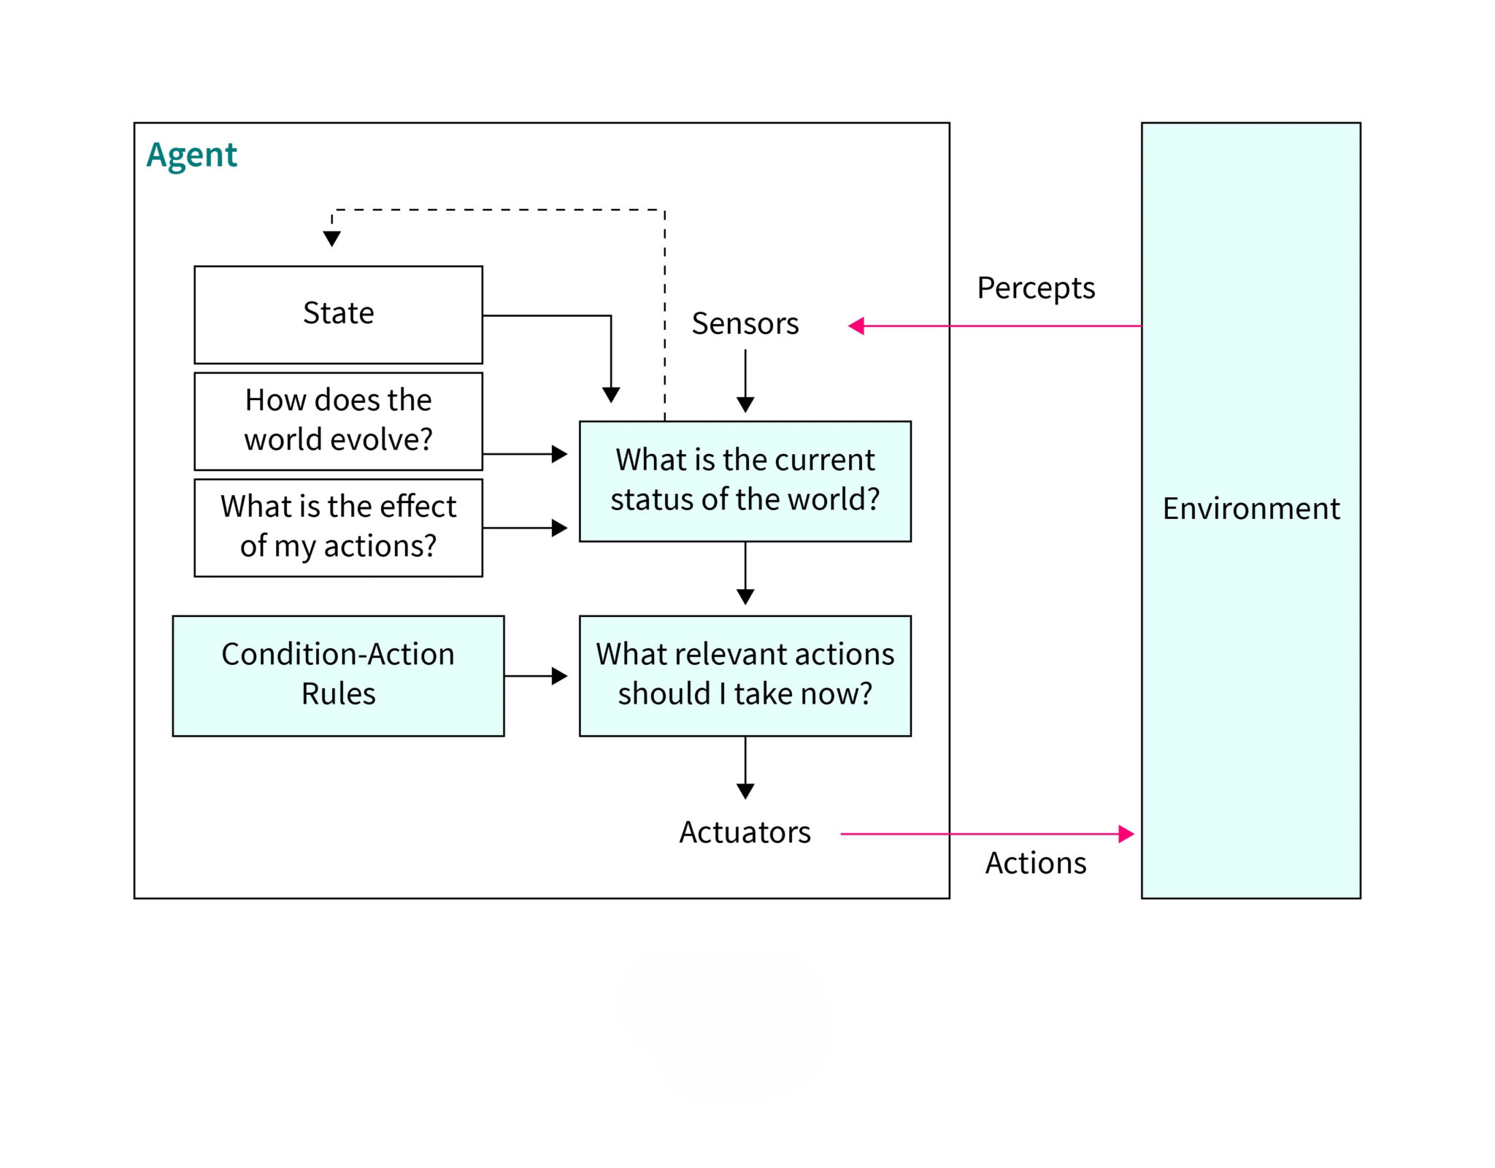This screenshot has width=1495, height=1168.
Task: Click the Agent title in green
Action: click(191, 155)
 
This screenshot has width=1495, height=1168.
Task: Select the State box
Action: click(338, 314)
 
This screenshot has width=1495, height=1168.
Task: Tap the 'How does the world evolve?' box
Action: click(338, 420)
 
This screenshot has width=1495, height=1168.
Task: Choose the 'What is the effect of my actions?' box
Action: click(338, 527)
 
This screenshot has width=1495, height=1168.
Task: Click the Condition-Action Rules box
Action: click(338, 675)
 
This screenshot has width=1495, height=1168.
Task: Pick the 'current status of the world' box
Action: click(745, 480)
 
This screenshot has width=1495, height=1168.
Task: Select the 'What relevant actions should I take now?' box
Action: click(745, 675)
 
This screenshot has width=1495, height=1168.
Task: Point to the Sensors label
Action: click(745, 323)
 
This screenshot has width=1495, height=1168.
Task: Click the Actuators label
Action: click(745, 832)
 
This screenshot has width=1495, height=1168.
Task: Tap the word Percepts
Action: click(1035, 288)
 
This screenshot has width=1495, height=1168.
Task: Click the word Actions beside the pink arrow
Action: click(1035, 863)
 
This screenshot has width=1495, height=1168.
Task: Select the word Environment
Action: click(1250, 508)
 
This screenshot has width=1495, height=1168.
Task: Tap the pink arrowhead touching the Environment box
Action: click(1126, 834)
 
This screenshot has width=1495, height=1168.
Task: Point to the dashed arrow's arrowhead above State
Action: click(331, 239)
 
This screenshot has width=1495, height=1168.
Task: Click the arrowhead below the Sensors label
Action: click(745, 404)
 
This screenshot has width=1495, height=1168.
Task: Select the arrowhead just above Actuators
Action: click(745, 791)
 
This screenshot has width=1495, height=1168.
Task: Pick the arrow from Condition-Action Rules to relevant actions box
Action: click(535, 676)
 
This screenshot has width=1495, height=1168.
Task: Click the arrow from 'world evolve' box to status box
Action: click(524, 454)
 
